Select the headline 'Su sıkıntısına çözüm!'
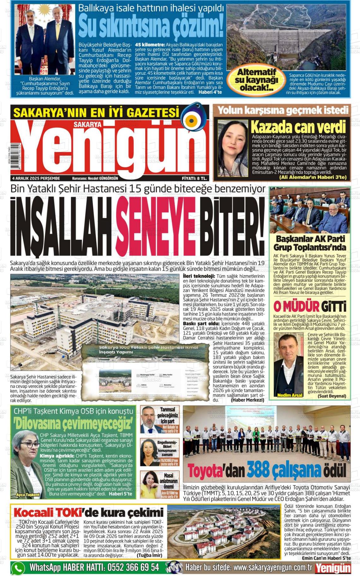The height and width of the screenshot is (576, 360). pyautogui.click(x=151, y=27)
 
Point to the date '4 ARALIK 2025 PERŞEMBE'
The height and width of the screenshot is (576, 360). pyautogui.click(x=36, y=178)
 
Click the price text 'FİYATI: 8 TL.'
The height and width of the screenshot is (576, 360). pyautogui.click(x=194, y=178)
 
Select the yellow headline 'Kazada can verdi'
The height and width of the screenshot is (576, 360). pyautogui.click(x=298, y=127)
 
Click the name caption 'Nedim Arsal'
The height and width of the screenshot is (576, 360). pyautogui.click(x=290, y=395)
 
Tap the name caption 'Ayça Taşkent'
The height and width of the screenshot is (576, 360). pyautogui.click(x=28, y=495)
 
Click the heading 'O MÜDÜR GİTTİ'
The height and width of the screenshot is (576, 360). pyautogui.click(x=309, y=306)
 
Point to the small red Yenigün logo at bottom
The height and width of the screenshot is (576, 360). pyautogui.click(x=333, y=568)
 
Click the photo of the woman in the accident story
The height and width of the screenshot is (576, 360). pyautogui.click(x=233, y=148)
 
